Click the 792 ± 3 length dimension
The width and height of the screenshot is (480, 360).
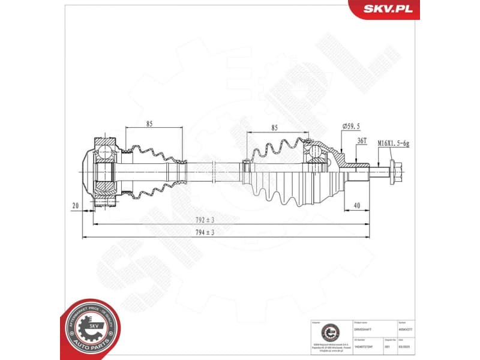[x=204, y=219]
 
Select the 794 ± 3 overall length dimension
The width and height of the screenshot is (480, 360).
[x=204, y=232]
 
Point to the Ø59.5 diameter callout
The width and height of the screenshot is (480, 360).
[x=350, y=127]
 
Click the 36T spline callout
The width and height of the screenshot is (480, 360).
[x=362, y=140]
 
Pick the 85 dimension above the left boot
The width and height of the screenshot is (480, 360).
[x=149, y=124]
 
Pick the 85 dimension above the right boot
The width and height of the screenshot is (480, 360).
[x=274, y=127]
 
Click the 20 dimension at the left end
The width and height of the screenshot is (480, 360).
[x=76, y=205]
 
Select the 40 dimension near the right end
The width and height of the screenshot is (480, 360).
[x=356, y=205]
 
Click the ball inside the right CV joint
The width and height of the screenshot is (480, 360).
[x=316, y=154]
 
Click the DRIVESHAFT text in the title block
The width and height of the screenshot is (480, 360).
[x=364, y=329]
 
